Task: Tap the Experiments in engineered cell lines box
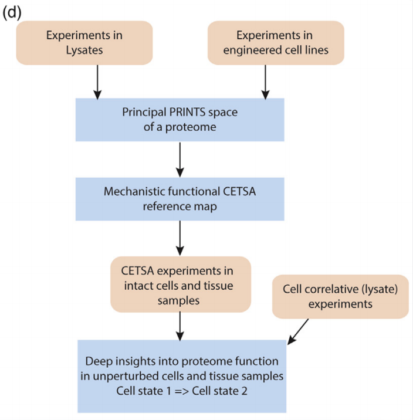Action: (x=276, y=42)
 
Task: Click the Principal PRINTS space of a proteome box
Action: (x=180, y=119)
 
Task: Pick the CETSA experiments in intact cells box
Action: (x=180, y=286)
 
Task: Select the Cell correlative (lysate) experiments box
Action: (x=340, y=296)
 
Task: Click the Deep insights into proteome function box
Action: (x=182, y=375)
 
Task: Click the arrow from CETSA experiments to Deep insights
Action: (x=180, y=325)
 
